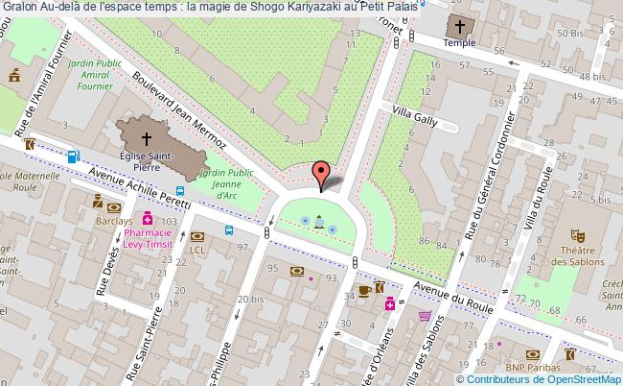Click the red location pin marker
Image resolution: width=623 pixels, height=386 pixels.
[x=323, y=173]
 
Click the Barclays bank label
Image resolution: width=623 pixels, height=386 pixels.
[x=113, y=220]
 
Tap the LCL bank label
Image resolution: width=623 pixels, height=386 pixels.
[x=197, y=249]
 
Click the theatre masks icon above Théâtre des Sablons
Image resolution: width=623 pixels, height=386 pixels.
[x=577, y=233]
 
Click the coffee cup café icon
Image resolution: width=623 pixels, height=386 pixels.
[x=364, y=289]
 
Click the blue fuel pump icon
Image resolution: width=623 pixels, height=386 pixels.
[x=72, y=157]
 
